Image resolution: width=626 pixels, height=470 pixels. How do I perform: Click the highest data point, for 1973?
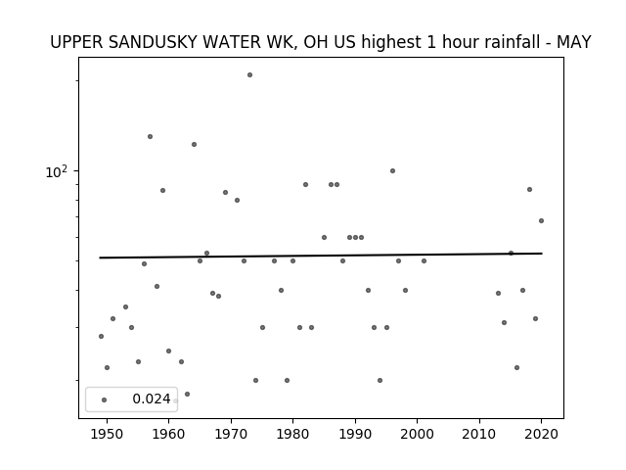coord(249,74)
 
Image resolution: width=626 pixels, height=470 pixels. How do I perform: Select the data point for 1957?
coord(150,137)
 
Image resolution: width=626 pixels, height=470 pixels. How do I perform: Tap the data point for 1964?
coord(194,144)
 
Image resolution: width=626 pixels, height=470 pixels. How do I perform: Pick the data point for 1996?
coord(392,170)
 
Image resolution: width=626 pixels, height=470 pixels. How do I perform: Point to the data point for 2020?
coord(541,220)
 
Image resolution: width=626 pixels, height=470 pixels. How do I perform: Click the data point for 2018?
coord(529,189)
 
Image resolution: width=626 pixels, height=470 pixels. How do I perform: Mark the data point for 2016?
coord(517,368)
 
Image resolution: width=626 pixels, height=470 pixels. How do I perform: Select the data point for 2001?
coord(424,261)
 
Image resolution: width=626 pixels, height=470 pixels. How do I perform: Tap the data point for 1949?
coord(101,336)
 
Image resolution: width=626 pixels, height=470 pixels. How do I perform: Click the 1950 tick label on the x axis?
coord(107,434)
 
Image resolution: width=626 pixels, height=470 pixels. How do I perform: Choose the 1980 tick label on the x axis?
coord(292,434)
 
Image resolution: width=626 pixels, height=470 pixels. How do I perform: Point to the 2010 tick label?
coord(479,434)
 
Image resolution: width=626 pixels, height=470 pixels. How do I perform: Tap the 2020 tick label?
coord(541,434)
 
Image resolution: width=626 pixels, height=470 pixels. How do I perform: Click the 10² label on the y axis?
coord(57,172)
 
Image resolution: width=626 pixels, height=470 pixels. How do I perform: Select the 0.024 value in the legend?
coord(152,399)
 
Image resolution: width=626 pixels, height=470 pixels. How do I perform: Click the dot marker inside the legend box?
coord(105,399)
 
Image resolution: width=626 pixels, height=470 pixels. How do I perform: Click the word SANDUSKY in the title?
coord(154,42)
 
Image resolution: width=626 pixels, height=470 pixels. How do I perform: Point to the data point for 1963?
coord(187,394)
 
